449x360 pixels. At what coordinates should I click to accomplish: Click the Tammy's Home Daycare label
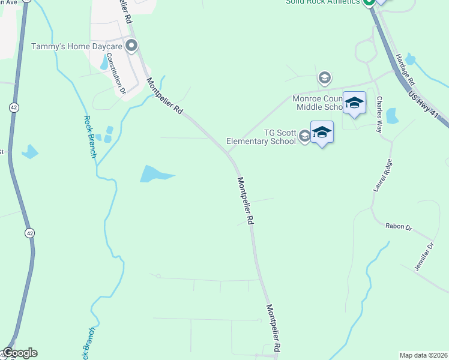coord(77,46)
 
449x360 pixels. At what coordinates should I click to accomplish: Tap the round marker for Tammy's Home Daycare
coord(131,46)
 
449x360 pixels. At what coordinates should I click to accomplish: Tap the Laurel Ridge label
coord(382,175)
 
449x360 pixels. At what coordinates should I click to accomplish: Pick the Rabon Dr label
coord(399,227)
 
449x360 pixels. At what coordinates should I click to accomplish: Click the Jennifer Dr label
coord(423,256)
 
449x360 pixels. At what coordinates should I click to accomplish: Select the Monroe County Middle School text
coord(318,103)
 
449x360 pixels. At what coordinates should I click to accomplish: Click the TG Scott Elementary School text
coord(261,137)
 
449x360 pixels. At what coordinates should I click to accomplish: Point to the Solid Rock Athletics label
coord(323,2)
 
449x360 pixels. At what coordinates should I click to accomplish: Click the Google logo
coord(19,353)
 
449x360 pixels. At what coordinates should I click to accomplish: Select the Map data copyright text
coord(423,355)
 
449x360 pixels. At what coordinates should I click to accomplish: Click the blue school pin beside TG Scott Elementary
coord(322,133)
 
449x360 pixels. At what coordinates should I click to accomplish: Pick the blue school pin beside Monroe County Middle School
coord(354,103)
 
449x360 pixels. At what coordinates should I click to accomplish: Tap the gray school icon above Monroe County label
coord(325,77)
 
